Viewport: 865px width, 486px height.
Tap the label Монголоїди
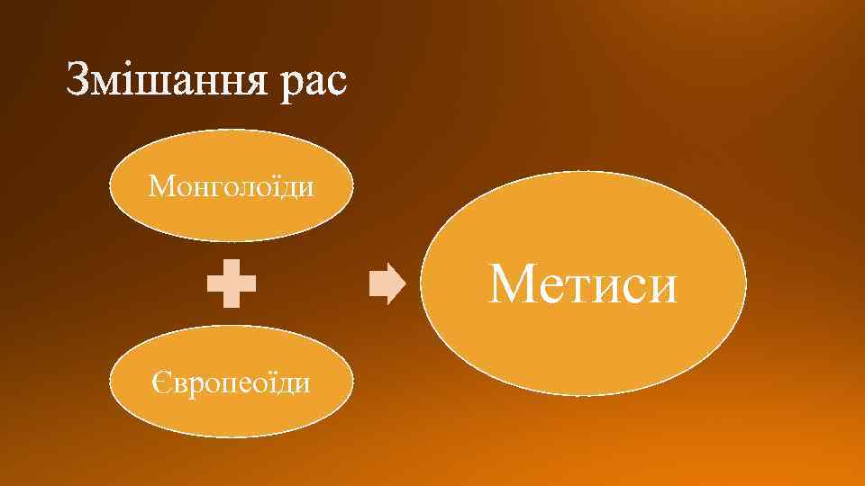point(232,187)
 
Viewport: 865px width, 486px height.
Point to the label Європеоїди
point(231,383)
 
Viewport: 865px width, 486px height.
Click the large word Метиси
point(582,284)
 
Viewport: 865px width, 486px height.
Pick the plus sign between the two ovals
point(232,284)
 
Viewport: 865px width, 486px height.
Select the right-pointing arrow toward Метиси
point(388,284)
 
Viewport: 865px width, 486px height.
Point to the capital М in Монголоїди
point(160,187)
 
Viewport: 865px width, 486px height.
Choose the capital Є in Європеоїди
point(159,383)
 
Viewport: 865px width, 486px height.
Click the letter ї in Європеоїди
point(272,383)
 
